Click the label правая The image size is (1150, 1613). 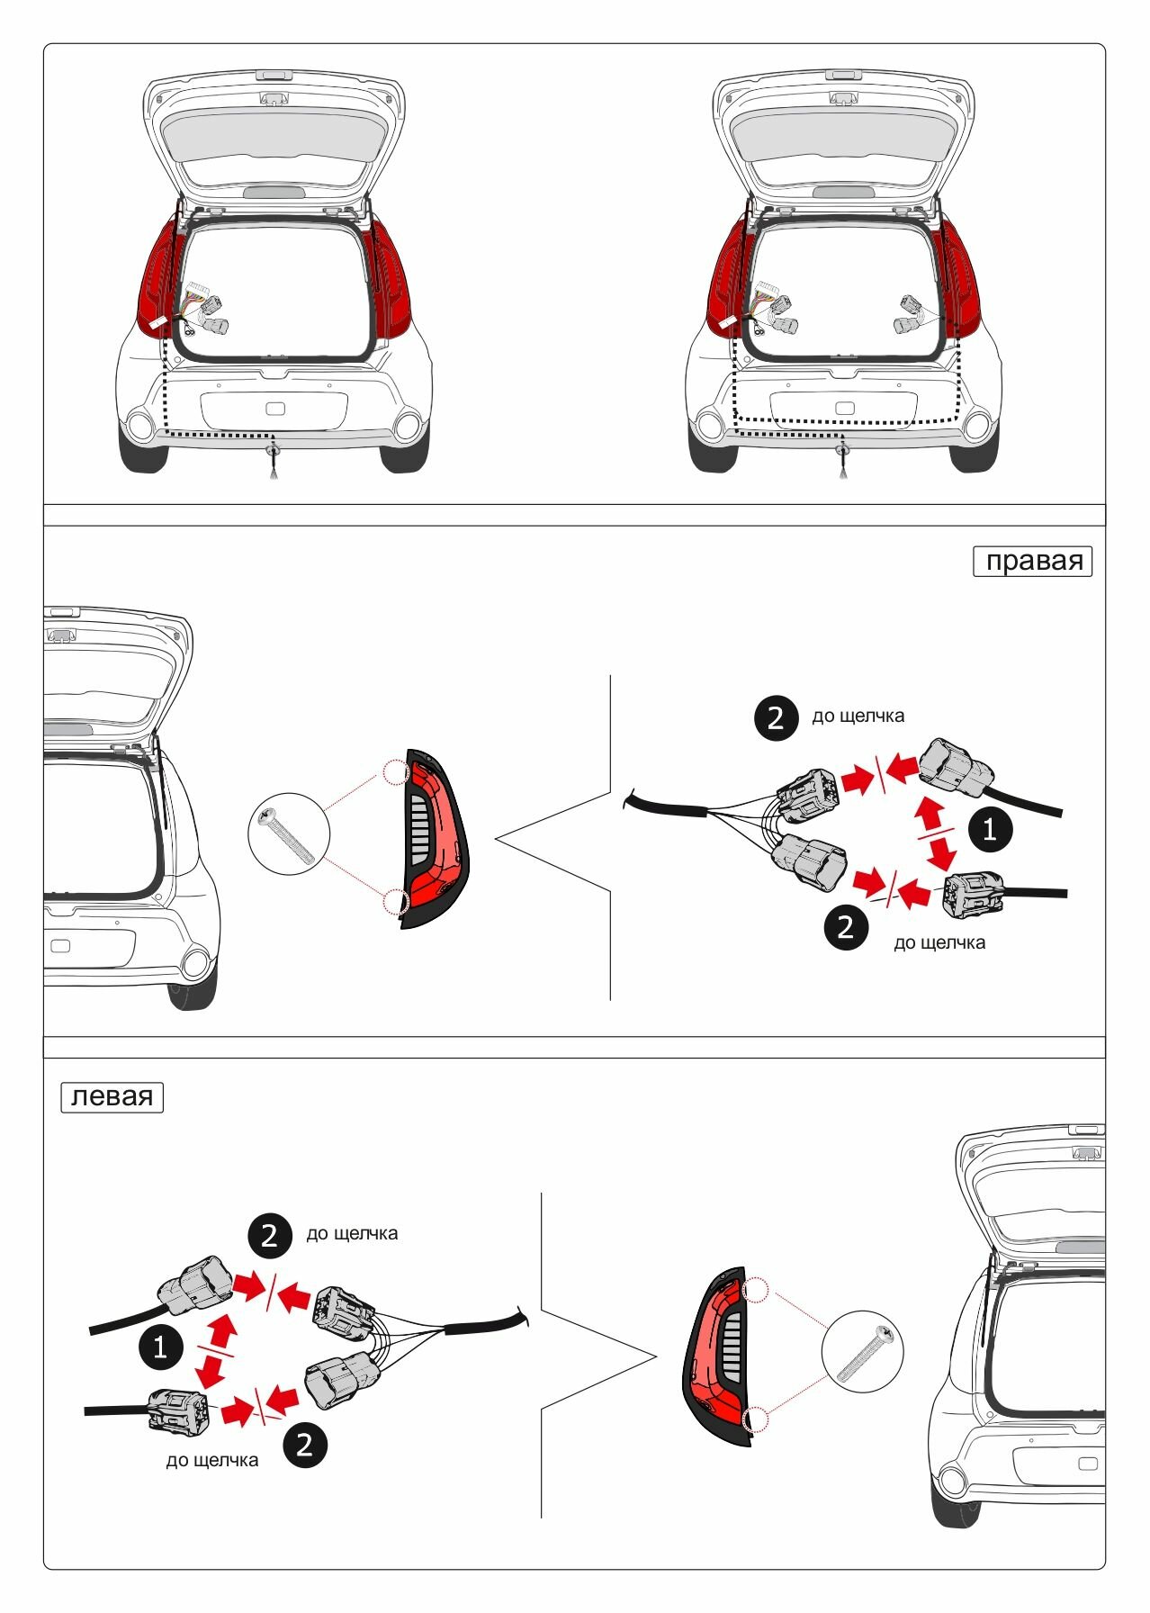(1032, 561)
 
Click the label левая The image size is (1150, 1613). (112, 1097)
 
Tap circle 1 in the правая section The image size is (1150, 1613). (990, 828)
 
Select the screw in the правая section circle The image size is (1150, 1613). (289, 835)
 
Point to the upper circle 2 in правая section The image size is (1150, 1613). (776, 718)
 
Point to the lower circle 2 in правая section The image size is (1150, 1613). (846, 927)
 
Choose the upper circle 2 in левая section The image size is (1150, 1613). (270, 1236)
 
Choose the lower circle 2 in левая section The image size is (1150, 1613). (305, 1445)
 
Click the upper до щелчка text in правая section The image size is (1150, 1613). (858, 716)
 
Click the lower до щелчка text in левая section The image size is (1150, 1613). (212, 1460)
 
